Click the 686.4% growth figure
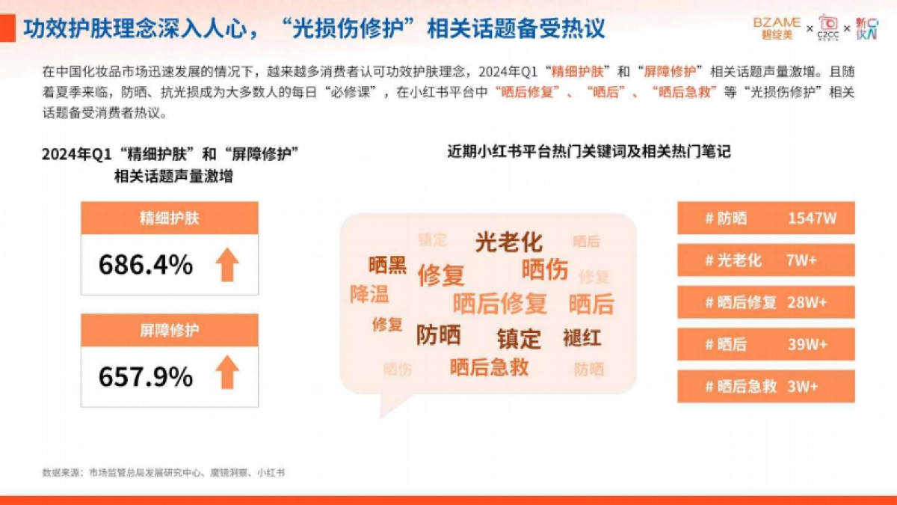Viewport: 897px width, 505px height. pos(146,265)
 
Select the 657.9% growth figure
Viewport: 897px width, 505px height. pos(146,377)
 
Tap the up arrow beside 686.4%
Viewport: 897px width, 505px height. pos(227,265)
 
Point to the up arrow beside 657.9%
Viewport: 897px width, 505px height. pos(227,373)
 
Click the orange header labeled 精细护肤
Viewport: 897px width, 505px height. pos(170,218)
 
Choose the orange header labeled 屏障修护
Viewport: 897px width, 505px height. pos(170,330)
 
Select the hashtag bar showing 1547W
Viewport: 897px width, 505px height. pos(766,218)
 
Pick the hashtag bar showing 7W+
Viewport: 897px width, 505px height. pos(766,260)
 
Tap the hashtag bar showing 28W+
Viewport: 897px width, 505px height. pos(766,302)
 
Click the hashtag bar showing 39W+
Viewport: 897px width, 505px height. pos(766,344)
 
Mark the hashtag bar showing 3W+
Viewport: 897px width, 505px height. pos(766,386)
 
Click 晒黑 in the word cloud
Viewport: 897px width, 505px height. pos(387,265)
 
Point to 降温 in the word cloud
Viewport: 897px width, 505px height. pos(369,294)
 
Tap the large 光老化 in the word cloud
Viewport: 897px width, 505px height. pos(509,242)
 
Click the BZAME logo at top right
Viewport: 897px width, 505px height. pos(777,28)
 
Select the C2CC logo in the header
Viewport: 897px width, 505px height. pos(828,26)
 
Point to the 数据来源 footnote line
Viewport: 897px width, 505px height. pos(164,473)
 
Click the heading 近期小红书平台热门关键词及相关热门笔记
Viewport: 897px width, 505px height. pos(589,152)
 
